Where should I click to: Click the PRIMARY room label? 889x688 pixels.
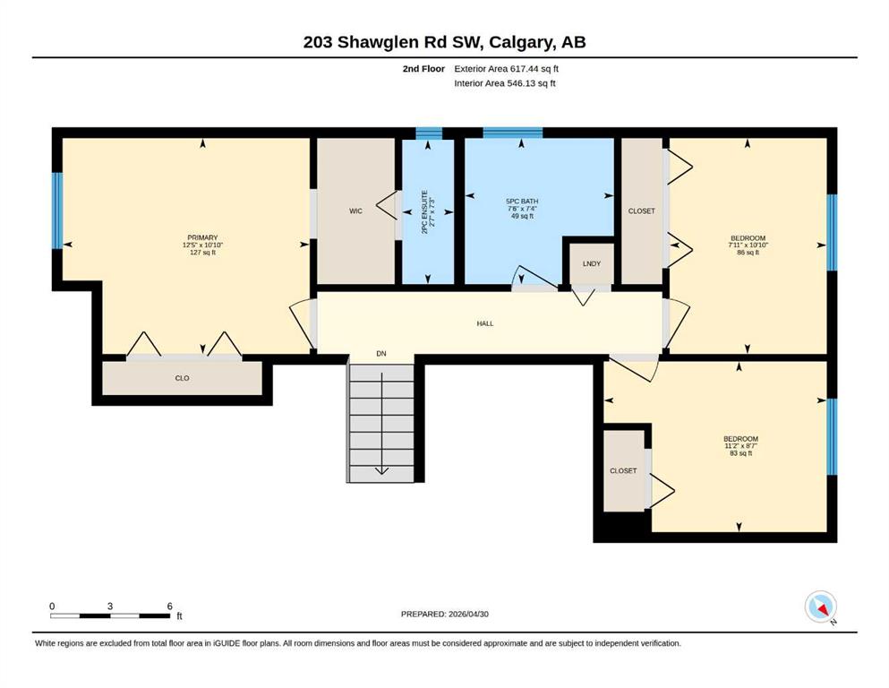click(x=202, y=237)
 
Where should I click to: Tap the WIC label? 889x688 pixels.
click(x=355, y=211)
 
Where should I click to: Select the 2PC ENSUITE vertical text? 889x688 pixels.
click(x=424, y=212)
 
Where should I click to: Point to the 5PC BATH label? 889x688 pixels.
click(x=522, y=202)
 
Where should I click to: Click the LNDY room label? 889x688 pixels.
click(x=592, y=263)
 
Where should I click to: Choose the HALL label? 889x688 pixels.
click(x=484, y=323)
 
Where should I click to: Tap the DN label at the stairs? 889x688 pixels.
click(x=381, y=353)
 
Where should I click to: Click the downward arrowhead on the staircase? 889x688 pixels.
click(x=381, y=470)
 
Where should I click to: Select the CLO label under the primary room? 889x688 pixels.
click(x=182, y=378)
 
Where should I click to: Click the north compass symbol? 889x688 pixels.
click(x=820, y=606)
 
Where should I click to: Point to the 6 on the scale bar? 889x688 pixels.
click(x=169, y=606)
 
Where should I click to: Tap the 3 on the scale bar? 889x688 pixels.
click(x=110, y=606)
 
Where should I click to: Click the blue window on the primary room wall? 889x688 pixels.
click(x=57, y=211)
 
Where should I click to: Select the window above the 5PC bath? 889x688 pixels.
click(x=512, y=133)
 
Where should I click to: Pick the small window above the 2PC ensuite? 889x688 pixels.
click(x=429, y=133)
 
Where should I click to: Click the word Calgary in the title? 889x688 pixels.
click(x=522, y=42)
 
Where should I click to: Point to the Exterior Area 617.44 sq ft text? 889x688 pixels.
click(x=507, y=69)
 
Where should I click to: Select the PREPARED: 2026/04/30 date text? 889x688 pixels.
click(x=444, y=614)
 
